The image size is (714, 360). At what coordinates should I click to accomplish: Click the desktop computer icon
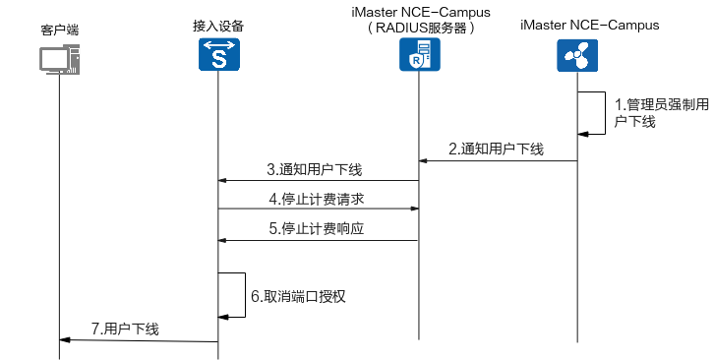(59, 58)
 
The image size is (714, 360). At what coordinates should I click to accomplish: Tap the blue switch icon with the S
(218, 56)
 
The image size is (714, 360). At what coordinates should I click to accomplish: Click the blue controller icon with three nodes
(576, 56)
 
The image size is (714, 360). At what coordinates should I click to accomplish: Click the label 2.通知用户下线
(496, 150)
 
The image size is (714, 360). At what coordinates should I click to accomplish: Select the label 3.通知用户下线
(314, 169)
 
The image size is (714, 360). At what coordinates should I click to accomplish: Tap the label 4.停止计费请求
(316, 199)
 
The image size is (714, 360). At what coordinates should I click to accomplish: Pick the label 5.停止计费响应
(316, 229)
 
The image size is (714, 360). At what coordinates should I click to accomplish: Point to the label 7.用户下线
(125, 330)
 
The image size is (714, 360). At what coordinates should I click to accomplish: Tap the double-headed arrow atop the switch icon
(218, 44)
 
